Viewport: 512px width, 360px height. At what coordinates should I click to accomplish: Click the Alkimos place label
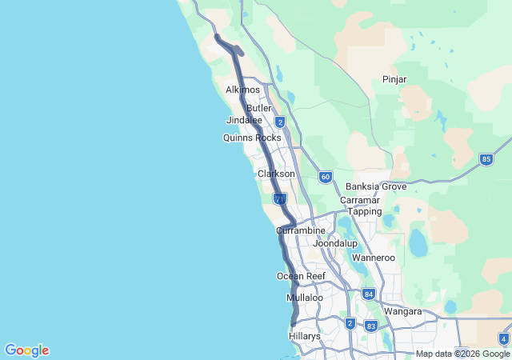coord(242,90)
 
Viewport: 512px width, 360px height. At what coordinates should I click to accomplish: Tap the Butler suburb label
coord(259,108)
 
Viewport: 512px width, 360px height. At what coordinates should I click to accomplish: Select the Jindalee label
coord(244,120)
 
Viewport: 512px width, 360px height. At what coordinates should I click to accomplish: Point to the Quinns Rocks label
coord(252,138)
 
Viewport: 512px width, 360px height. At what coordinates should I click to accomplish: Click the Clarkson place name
coord(276,174)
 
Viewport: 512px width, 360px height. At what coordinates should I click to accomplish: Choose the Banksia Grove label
coord(376,186)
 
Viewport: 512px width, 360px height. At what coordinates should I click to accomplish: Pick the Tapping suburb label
coord(364,211)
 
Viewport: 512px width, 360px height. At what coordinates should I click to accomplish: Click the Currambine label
coord(301,230)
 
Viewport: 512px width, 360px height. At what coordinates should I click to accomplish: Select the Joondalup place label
coord(334,242)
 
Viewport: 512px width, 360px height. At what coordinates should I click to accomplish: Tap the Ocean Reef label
coord(301,276)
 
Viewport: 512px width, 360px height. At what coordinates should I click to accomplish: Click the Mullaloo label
coord(305,298)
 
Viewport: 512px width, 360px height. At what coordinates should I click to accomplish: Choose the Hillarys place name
coord(305,337)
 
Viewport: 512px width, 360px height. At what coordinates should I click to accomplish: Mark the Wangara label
coord(403,311)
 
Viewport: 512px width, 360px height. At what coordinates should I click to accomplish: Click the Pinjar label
coord(394,79)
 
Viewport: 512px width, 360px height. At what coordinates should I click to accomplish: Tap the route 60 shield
coord(325,177)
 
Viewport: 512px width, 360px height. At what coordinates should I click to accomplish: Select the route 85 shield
coord(486,159)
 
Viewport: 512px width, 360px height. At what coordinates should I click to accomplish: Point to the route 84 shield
coord(368,294)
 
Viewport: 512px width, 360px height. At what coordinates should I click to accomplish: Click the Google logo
coord(26,350)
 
